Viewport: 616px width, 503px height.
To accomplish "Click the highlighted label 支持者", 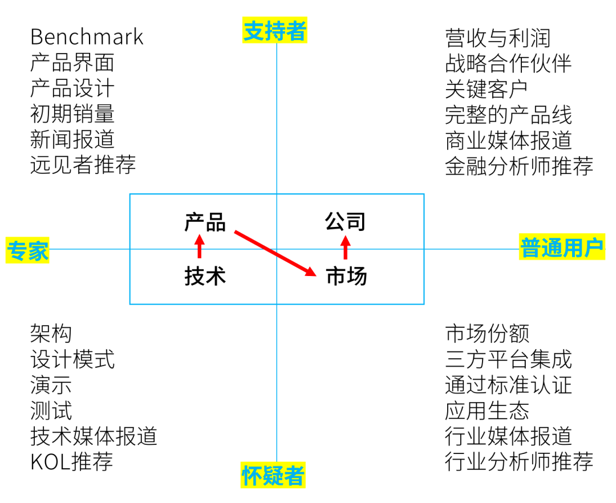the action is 275,31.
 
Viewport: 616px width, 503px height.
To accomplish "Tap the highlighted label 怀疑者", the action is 273,476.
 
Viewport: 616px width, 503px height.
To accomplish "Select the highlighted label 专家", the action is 27,250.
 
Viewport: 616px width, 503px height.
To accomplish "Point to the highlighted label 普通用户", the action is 562,248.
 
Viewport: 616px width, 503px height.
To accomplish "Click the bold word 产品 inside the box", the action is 205,222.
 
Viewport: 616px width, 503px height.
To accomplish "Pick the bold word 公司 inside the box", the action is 345,222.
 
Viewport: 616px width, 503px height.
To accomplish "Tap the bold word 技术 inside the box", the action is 205,276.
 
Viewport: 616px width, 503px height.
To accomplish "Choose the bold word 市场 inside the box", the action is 346,276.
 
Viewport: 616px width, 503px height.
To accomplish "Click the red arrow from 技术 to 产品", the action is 199,248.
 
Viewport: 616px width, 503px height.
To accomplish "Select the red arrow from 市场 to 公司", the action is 345,248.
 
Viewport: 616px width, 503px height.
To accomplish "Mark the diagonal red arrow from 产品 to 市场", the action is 275,253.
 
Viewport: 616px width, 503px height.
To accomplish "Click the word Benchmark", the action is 87,37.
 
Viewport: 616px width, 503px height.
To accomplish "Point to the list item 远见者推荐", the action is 83,165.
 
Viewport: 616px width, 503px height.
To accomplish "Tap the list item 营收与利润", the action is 498,38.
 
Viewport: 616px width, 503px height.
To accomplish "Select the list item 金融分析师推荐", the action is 519,166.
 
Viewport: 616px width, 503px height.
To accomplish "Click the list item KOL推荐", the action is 72,461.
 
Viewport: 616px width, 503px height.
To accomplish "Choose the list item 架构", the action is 51,334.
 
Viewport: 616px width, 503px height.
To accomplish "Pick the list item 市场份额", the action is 487,334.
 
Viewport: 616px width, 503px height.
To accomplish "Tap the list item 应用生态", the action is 487,410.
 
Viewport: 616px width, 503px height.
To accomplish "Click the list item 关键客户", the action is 487,89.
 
